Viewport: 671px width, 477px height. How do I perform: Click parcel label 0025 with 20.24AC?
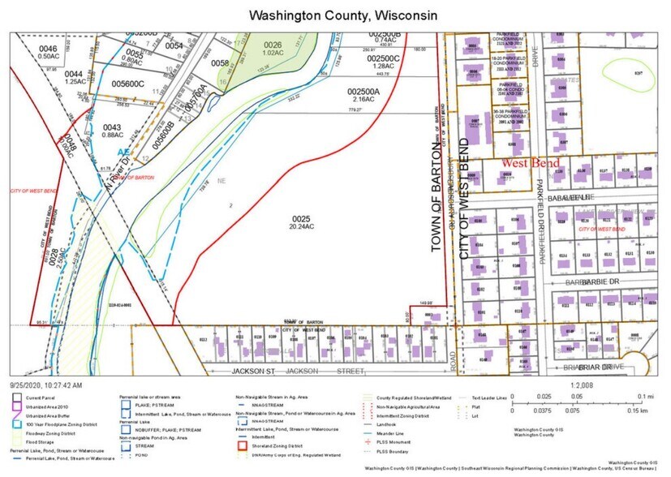pyautogui.click(x=302, y=224)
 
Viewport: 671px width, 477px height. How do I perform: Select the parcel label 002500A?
pyautogui.click(x=363, y=92)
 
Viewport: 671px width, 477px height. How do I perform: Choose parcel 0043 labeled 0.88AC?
pyautogui.click(x=111, y=132)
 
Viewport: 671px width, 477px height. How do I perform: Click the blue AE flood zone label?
pyautogui.click(x=125, y=152)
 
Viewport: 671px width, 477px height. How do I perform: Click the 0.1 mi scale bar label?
pyautogui.click(x=651, y=395)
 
